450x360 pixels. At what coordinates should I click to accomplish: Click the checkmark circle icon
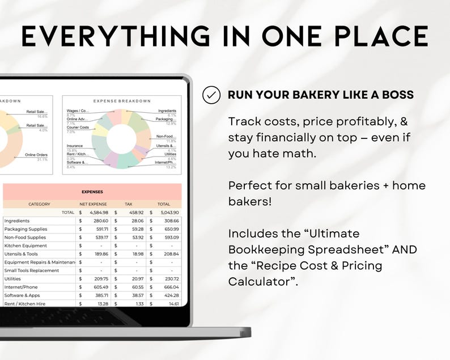[211, 95]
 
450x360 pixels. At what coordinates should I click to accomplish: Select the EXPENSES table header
[92, 192]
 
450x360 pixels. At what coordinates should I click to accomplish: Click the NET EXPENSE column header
[94, 204]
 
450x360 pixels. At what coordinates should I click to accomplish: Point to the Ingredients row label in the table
[17, 221]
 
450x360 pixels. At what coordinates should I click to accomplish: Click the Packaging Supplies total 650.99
[168, 229]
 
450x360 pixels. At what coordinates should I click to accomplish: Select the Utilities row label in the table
[13, 279]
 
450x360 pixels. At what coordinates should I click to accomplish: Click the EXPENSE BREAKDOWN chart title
[122, 101]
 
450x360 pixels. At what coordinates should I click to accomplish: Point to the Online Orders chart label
[36, 155]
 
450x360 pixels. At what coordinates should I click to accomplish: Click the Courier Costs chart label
[78, 128]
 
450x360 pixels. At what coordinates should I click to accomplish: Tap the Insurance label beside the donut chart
[76, 146]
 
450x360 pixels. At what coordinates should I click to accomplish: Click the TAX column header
[128, 204]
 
